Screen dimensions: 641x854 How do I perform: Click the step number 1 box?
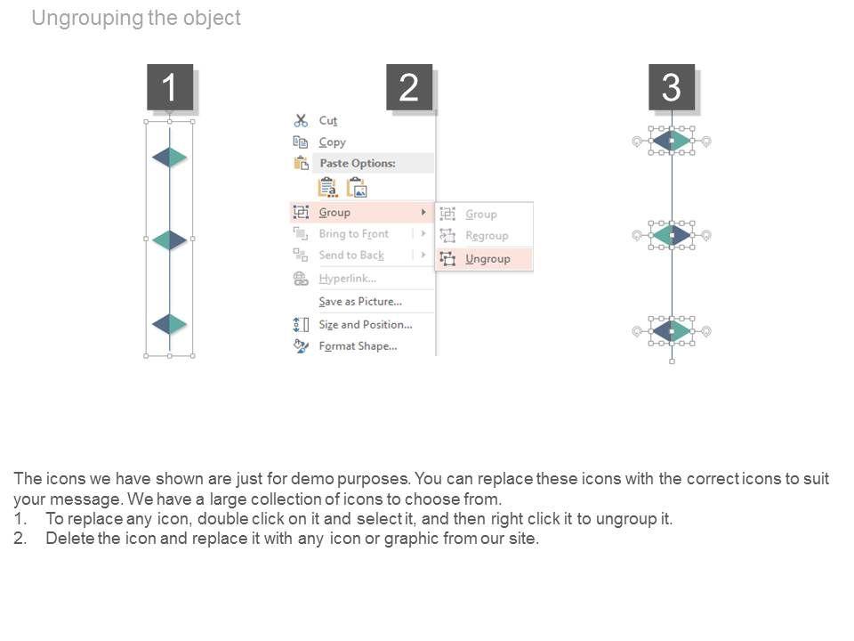click(169, 87)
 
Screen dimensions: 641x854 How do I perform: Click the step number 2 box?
click(408, 87)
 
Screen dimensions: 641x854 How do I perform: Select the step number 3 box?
click(671, 87)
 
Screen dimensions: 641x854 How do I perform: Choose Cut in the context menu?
click(328, 120)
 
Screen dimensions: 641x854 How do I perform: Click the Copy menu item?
click(332, 142)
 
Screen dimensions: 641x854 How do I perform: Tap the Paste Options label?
click(358, 163)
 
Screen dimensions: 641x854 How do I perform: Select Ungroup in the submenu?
click(487, 258)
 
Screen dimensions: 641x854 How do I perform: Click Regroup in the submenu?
click(487, 236)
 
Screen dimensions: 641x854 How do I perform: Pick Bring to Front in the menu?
click(353, 233)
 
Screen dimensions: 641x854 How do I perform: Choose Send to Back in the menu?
click(351, 255)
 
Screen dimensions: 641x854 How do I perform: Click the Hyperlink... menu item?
click(347, 279)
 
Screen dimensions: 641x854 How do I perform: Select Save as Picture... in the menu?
click(360, 301)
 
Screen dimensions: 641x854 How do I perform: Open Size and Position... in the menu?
click(366, 324)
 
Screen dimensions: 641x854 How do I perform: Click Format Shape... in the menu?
click(358, 345)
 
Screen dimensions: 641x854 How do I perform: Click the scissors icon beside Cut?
click(301, 120)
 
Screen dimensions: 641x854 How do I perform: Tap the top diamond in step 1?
click(169, 158)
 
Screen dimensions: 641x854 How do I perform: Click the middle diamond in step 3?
click(672, 235)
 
